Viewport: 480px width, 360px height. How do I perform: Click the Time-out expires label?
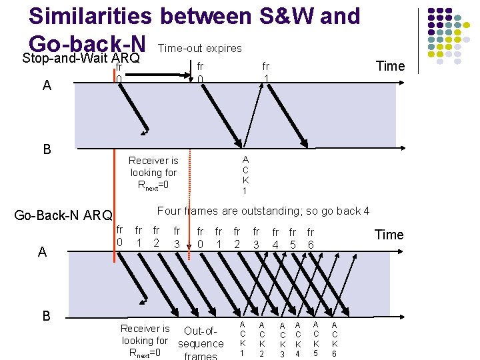[199, 49]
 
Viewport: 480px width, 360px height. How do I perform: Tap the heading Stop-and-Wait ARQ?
[81, 58]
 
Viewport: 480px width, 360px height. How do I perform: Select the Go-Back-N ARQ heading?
[63, 215]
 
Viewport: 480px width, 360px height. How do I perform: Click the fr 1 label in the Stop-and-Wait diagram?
[265, 73]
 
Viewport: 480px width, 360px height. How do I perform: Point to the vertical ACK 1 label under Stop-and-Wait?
[245, 175]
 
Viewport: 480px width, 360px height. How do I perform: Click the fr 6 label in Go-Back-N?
[310, 239]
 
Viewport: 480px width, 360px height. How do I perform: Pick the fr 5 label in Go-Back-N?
[292, 239]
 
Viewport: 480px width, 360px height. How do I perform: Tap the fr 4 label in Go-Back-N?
[275, 239]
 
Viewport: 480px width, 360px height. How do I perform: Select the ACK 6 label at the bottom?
[335, 339]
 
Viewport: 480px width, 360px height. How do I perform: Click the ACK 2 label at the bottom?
[261, 339]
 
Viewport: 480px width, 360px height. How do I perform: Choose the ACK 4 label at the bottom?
[298, 339]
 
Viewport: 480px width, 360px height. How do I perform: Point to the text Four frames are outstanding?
[263, 211]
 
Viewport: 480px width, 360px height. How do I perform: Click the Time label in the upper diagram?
[390, 65]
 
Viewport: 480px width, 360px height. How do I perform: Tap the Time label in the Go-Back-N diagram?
[389, 234]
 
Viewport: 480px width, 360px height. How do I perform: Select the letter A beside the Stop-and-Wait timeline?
[46, 85]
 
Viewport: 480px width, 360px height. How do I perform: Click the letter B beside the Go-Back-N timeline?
[46, 316]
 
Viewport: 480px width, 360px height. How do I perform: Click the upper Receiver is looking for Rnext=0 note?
[153, 173]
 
